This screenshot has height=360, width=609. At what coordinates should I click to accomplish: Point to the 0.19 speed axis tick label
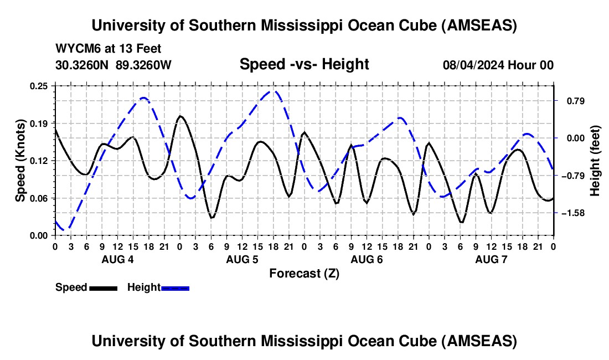[x=39, y=123]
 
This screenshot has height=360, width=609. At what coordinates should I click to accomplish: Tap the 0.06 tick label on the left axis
[x=39, y=198]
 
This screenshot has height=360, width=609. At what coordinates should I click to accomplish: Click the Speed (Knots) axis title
[x=20, y=160]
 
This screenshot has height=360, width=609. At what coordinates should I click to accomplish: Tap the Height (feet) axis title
[x=595, y=160]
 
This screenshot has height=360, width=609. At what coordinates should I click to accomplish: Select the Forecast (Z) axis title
[x=304, y=273]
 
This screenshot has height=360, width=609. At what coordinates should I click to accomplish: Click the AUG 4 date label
[x=117, y=259]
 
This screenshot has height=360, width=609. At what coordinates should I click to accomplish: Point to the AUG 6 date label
[x=367, y=259]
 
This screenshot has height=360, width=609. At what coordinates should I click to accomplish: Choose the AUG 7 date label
[x=491, y=259]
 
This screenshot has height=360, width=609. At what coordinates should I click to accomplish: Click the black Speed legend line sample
[x=102, y=287]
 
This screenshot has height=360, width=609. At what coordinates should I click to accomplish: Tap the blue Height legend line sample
[x=175, y=287]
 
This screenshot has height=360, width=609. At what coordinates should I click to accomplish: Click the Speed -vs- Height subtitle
[x=304, y=64]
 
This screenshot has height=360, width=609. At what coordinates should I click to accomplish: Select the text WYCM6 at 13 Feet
[x=109, y=49]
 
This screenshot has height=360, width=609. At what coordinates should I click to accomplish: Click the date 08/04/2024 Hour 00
[x=498, y=65]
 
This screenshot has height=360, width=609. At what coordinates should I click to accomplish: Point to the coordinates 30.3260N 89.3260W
[x=113, y=65]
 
